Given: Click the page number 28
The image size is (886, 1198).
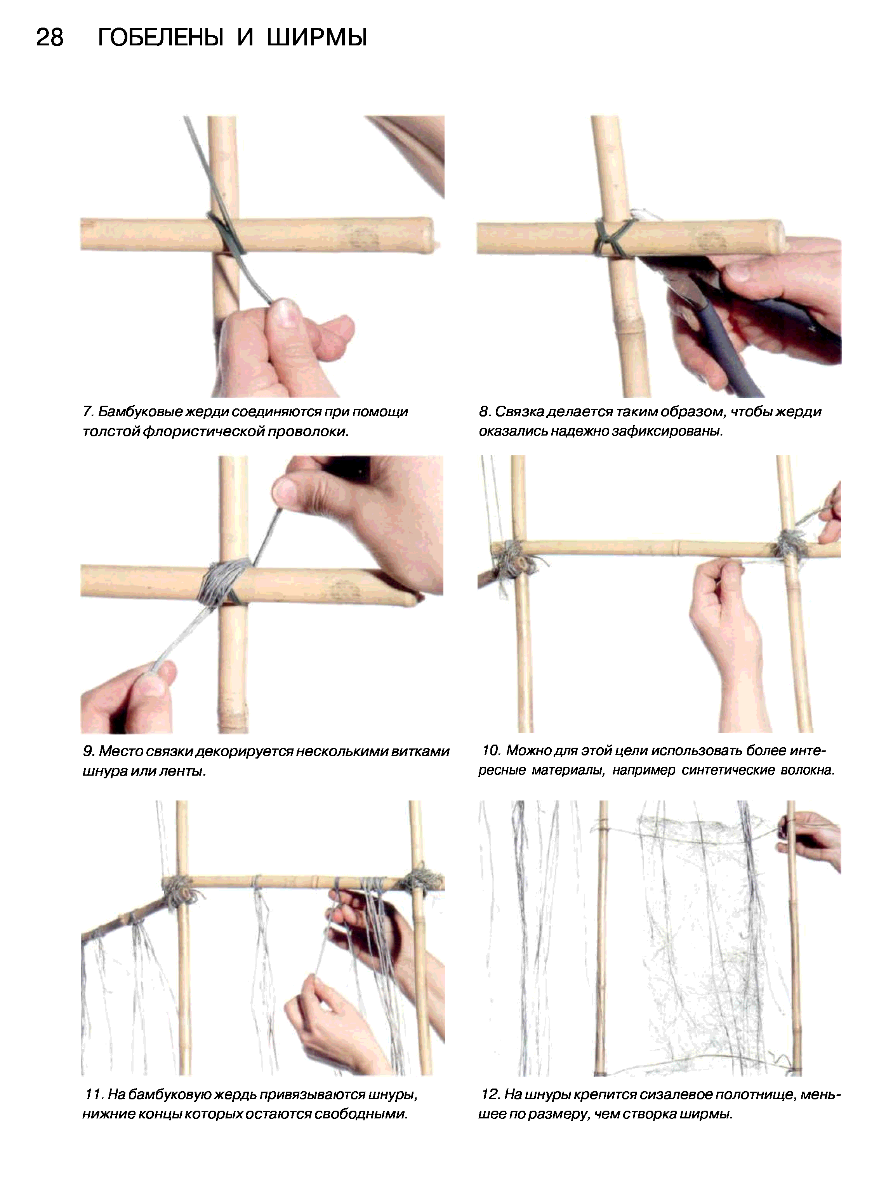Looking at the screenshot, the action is tap(50, 38).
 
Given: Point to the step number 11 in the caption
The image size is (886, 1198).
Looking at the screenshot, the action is tap(95, 1094).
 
